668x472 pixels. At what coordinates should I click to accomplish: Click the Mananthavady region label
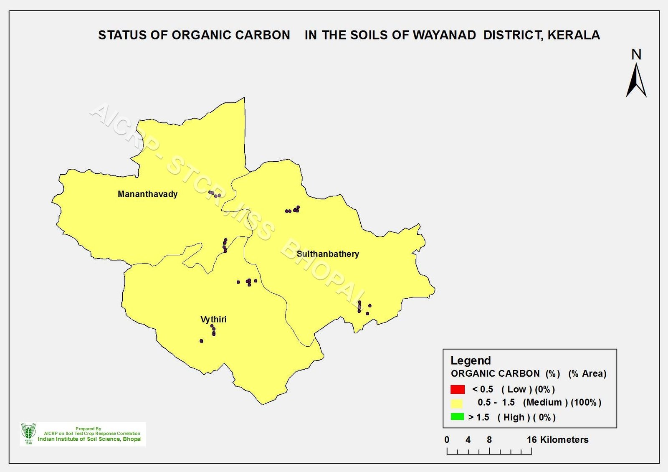[x=148, y=194]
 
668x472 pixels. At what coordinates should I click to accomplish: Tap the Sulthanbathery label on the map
[x=328, y=254]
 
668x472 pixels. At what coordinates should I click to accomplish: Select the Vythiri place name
[x=213, y=320]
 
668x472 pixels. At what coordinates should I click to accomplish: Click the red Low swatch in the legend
[x=458, y=389]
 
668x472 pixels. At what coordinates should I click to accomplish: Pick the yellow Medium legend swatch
[x=457, y=403]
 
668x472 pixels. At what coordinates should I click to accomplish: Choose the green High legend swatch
[x=457, y=416]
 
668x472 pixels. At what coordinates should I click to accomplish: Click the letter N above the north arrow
[x=636, y=55]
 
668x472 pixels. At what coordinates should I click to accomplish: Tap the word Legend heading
[x=471, y=360]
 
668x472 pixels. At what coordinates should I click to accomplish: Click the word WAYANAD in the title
[x=444, y=35]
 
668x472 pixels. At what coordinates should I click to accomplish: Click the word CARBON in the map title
[x=263, y=35]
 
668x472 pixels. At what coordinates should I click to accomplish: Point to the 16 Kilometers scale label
[x=557, y=439]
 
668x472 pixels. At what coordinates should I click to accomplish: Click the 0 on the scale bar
[x=447, y=440]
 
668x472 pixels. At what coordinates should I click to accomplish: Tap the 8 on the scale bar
[x=489, y=440]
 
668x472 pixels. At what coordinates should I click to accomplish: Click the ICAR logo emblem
[x=28, y=434]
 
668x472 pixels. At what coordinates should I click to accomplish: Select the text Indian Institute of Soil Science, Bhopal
[x=89, y=439]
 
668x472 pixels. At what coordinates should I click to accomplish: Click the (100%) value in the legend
[x=586, y=403]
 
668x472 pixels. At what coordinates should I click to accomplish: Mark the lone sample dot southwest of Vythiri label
[x=201, y=341]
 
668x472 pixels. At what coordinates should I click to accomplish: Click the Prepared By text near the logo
[x=88, y=429]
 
